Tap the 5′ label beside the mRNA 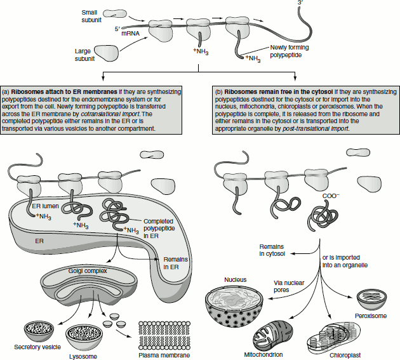(117, 29)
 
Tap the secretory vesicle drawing (43, 330)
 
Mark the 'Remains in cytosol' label (272, 250)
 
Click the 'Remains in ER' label (175, 263)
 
